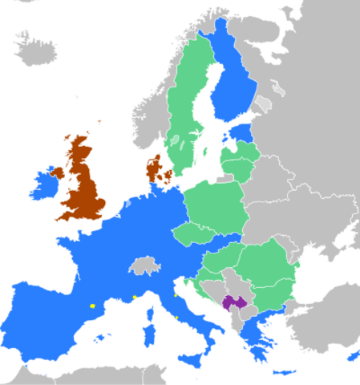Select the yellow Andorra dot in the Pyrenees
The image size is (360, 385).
pyautogui.click(x=93, y=306)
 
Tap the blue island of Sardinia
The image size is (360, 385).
pyautogui.click(x=148, y=334)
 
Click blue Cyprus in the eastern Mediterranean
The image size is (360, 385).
pyautogui.click(x=353, y=356)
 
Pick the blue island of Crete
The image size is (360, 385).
pyautogui.click(x=284, y=372)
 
